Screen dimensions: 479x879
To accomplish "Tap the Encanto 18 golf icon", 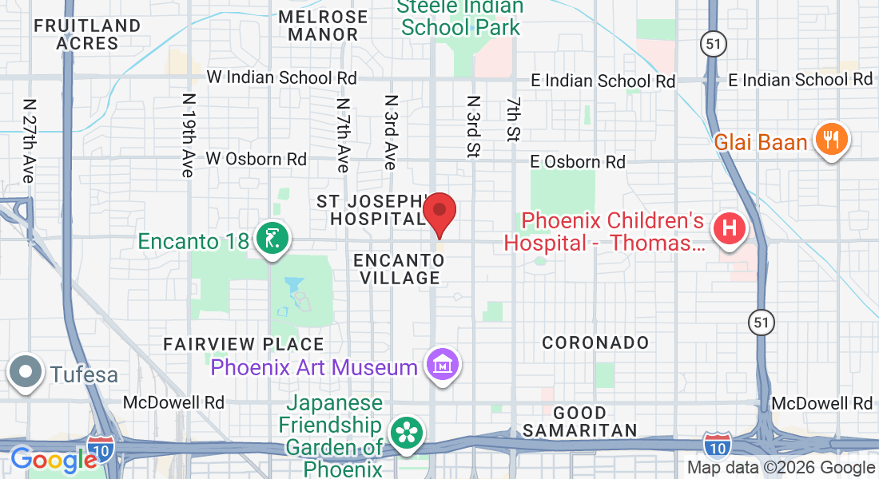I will tap(272, 238).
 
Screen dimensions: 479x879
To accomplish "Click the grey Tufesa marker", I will tap(26, 373).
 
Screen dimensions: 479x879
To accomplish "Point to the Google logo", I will tap(54, 460).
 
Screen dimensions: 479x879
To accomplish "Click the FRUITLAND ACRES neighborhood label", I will tap(88, 34).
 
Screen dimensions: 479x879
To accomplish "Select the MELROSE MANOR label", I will tap(323, 26).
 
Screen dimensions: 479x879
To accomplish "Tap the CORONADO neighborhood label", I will tap(595, 342).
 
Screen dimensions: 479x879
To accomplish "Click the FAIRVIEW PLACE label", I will tap(244, 345).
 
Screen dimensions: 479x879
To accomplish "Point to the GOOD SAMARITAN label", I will tap(580, 422).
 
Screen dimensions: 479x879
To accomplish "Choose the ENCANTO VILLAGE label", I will tap(399, 269).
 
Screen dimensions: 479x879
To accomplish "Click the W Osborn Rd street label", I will tap(256, 159).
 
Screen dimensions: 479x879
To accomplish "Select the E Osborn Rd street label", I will tap(579, 162).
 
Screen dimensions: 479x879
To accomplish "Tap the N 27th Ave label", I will tap(30, 141).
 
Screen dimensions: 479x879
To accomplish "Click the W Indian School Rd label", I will tap(281, 77).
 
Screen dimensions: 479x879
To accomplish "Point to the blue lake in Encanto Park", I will tap(294, 286).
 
